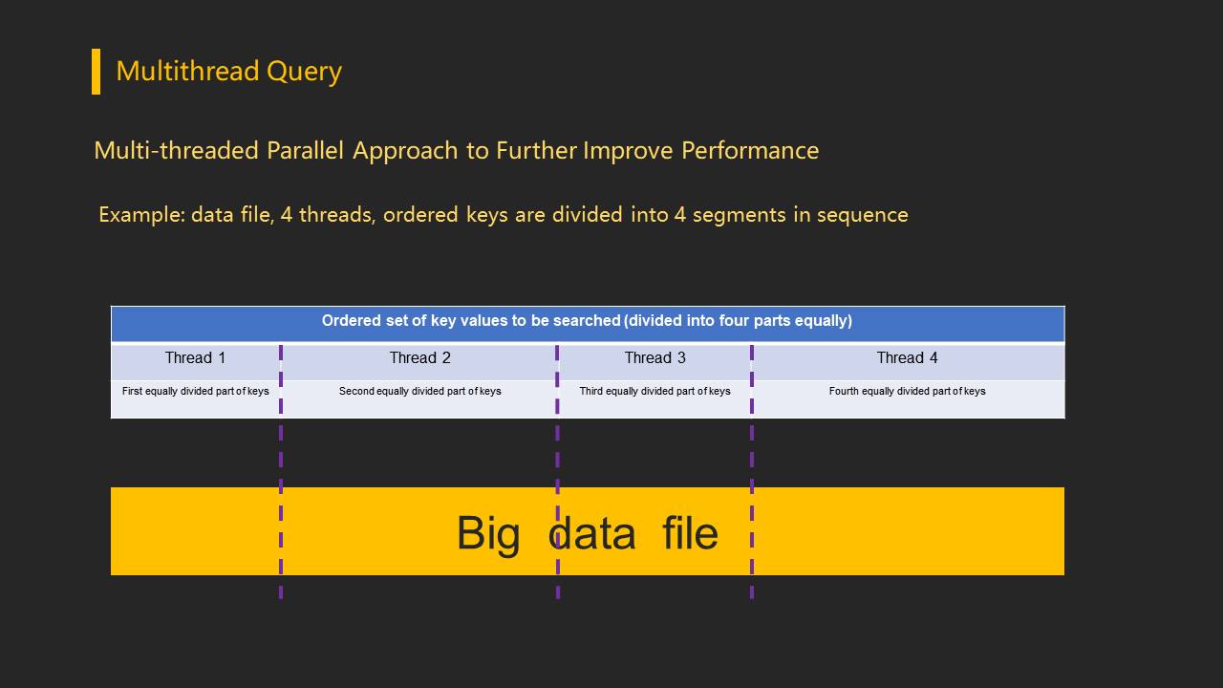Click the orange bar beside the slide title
96,72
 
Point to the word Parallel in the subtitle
306,151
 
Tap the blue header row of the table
587,322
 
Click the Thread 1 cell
195,358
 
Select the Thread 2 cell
419,358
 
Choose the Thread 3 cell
654,358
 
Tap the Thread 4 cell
907,358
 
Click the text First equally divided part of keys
196,391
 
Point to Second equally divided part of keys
419,391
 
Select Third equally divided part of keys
654,391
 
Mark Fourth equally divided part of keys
907,391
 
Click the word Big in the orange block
488,532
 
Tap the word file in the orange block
690,532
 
